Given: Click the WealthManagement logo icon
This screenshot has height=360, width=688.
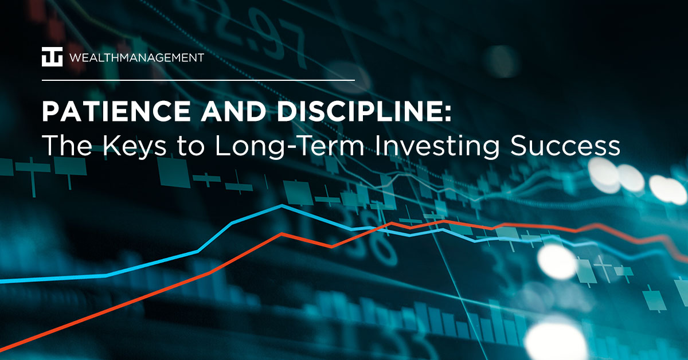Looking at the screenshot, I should tap(52, 57).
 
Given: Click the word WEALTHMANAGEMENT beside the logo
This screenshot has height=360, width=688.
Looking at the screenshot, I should tap(136, 58).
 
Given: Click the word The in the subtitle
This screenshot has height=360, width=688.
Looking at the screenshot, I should tap(62, 146).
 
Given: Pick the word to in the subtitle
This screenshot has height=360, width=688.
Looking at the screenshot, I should tap(183, 147).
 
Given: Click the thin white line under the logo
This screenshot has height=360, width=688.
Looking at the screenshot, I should tap(198, 80).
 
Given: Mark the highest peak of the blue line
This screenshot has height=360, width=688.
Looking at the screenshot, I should tap(282, 205).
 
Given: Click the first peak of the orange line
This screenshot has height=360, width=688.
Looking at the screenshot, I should tap(281, 233).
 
